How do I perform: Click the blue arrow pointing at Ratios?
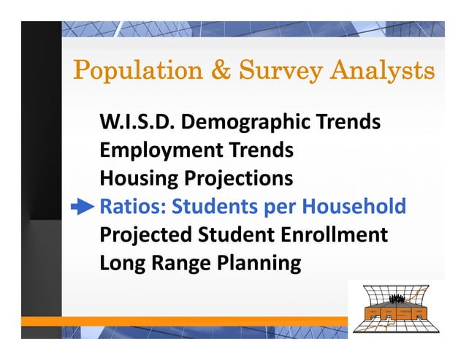[x=83, y=207]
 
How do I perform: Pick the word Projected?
[x=147, y=235]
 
